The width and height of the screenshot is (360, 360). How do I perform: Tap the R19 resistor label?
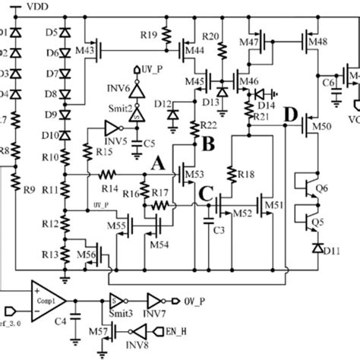(x=148, y=34)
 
